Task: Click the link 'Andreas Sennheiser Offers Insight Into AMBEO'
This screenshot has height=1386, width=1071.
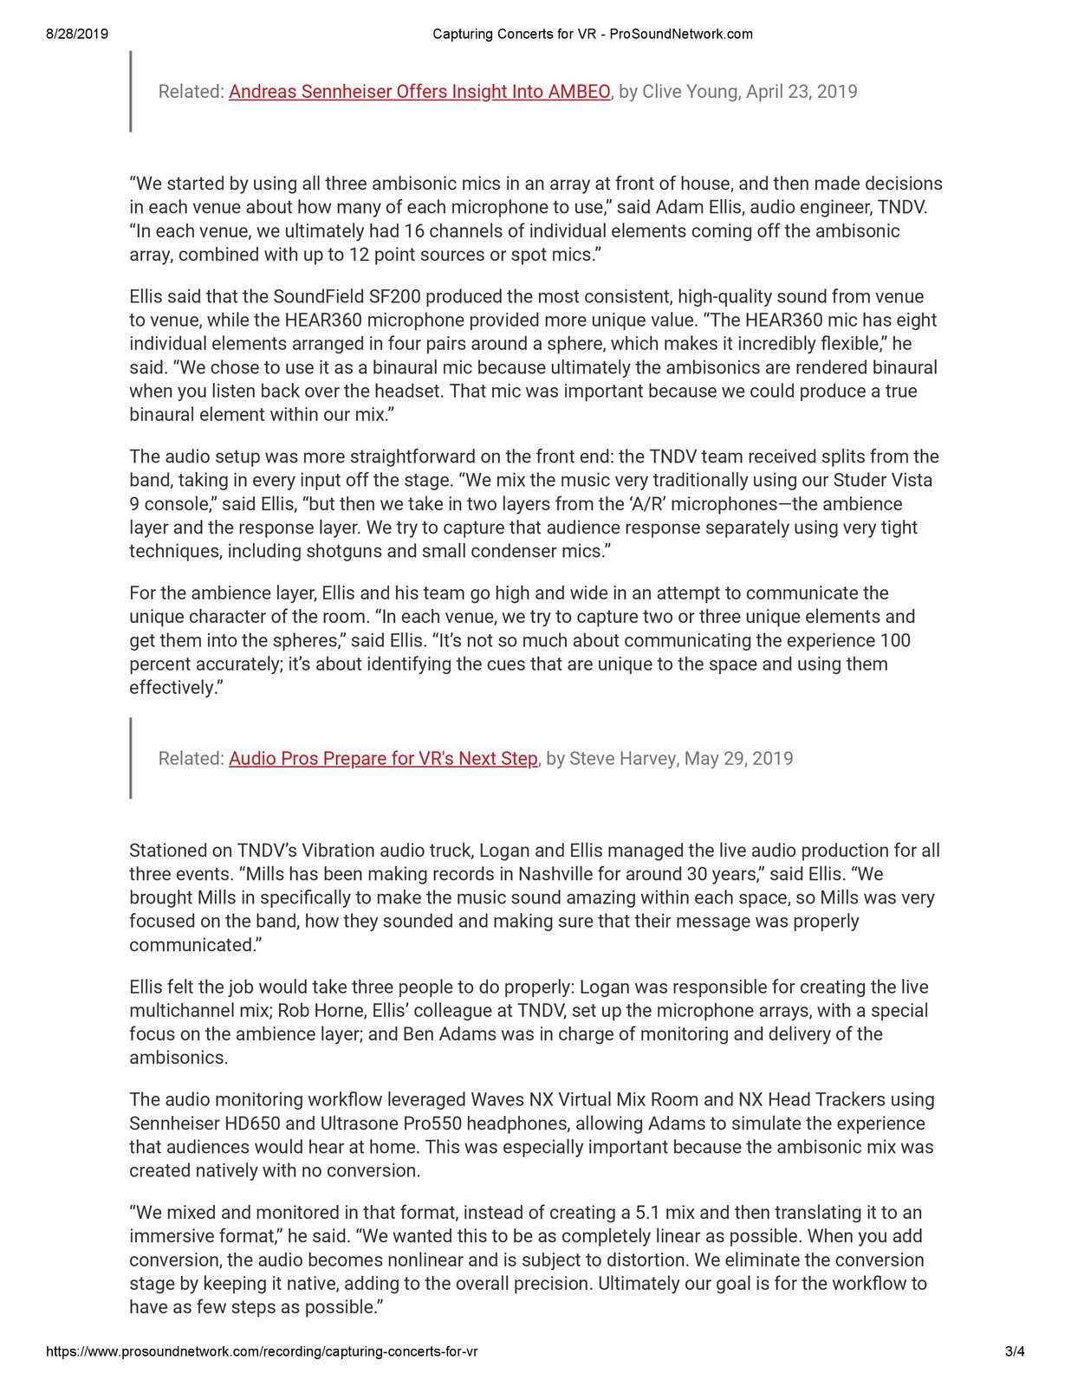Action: (419, 92)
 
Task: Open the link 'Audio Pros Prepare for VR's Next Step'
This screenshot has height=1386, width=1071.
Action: (383, 759)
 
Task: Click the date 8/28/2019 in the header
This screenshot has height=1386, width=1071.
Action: (77, 35)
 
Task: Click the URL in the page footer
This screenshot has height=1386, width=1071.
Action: (261, 1351)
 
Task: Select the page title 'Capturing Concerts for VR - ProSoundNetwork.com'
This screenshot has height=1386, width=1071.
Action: (592, 35)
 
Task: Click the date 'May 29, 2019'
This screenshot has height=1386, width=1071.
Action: (738, 759)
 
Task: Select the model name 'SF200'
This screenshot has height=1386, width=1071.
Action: (395, 296)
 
